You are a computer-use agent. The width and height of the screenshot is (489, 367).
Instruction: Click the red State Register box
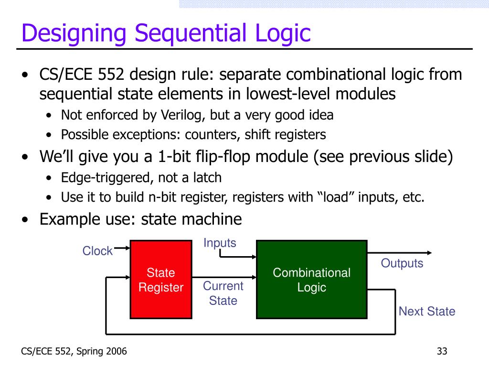point(160,280)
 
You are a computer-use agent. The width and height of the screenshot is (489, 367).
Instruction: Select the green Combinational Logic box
point(311,280)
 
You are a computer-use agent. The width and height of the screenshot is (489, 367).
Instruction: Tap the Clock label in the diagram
point(97,251)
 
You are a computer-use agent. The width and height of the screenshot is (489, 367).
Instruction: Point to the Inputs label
point(220,243)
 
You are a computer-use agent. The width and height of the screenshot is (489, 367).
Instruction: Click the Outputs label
point(402,263)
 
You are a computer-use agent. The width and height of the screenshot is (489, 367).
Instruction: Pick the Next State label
point(427,312)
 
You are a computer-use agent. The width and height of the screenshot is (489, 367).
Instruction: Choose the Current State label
point(223,293)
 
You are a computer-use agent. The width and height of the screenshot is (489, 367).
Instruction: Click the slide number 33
point(442,352)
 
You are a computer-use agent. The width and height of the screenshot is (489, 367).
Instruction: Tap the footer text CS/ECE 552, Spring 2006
point(74,352)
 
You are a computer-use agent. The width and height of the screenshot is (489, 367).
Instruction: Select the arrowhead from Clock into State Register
point(127,248)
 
